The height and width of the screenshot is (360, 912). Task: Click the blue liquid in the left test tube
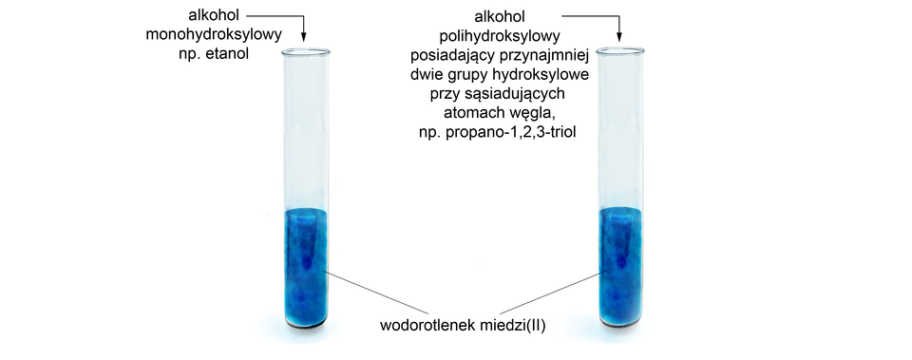[305, 266]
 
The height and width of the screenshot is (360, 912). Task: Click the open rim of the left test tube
[305, 51]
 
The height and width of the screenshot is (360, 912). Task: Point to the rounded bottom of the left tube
[305, 329]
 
